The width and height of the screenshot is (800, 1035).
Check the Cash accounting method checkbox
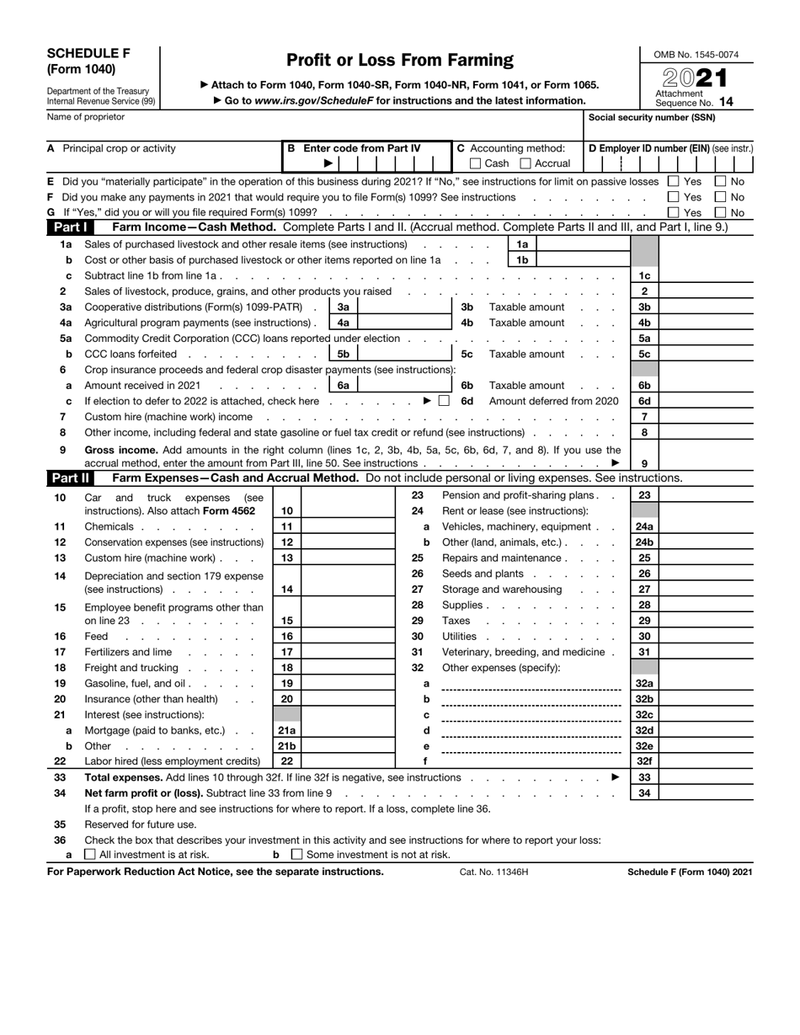(x=476, y=163)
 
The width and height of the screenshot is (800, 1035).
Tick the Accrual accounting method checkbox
(x=525, y=163)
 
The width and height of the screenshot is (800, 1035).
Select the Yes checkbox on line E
(x=673, y=181)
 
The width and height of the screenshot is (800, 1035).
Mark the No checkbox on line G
(x=721, y=213)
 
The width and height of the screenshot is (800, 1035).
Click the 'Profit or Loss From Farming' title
(x=399, y=61)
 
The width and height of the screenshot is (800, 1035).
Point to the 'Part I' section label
(x=69, y=227)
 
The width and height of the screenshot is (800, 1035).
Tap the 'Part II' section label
(x=70, y=478)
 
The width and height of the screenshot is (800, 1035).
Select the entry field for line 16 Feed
(x=348, y=637)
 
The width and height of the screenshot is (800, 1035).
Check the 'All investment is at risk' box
(x=90, y=855)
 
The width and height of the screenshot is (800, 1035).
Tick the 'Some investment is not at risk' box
(x=296, y=855)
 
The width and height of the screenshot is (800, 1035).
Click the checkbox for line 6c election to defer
(x=444, y=401)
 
